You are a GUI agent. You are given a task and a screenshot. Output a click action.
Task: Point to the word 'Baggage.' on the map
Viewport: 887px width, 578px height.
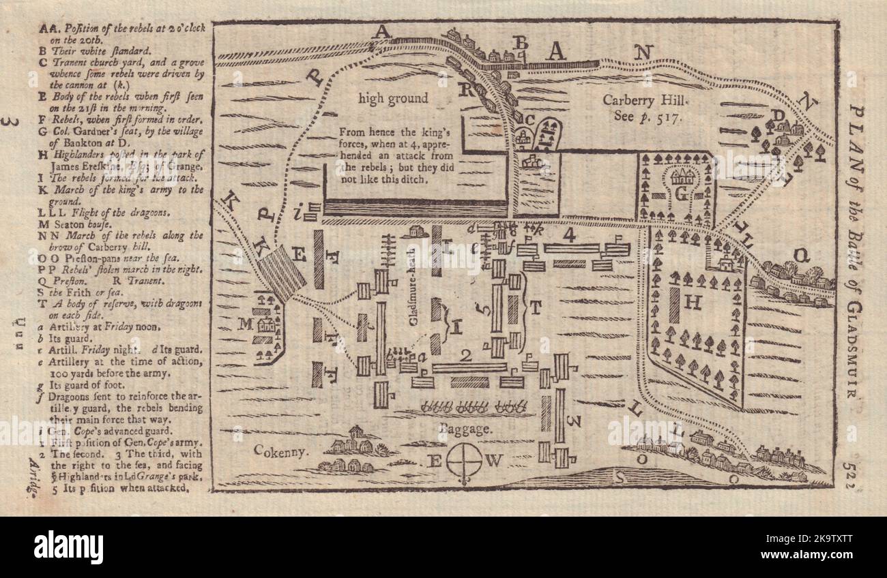point(465,430)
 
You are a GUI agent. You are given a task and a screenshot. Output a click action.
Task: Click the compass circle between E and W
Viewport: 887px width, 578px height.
point(464,461)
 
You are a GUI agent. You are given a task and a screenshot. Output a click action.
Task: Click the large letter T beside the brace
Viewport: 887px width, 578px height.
point(535,307)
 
